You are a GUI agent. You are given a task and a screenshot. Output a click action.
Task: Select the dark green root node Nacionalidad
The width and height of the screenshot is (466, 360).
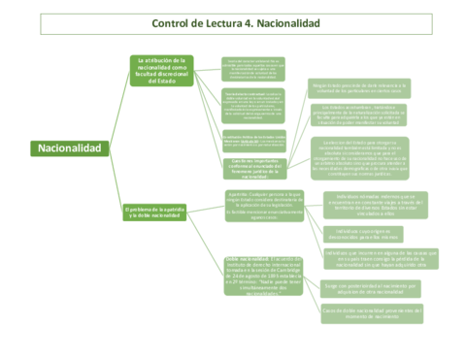point(68,147)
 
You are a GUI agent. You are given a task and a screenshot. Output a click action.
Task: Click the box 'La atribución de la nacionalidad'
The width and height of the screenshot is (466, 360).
point(167,70)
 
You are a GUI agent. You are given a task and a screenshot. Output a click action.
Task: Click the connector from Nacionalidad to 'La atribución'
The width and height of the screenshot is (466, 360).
point(115,107)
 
